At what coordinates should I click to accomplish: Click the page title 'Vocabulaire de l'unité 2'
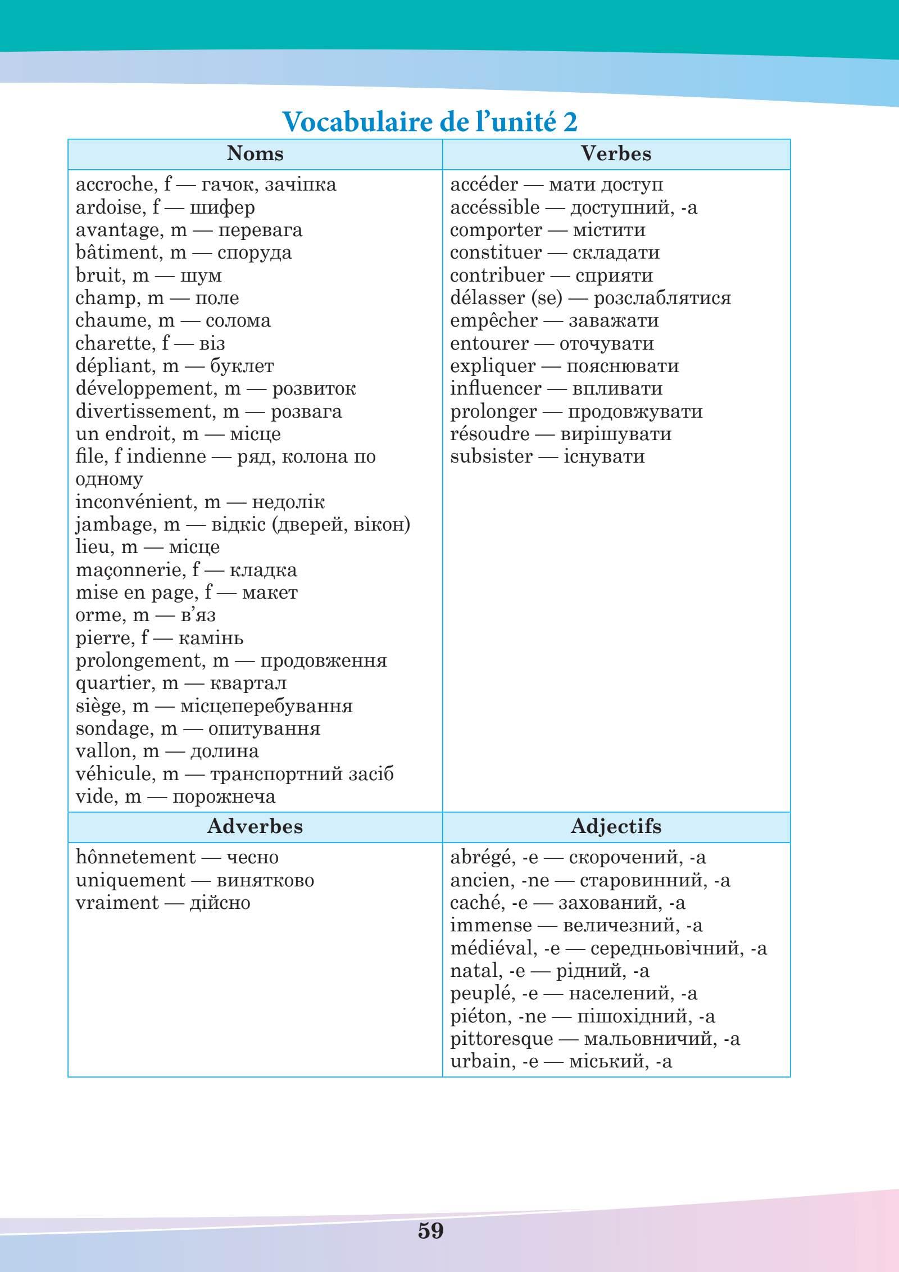pos(429,121)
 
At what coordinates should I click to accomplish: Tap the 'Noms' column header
pos(255,153)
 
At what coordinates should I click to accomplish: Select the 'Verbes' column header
pos(616,153)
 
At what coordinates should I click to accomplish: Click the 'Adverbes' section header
pos(255,826)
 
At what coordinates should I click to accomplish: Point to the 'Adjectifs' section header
pos(616,826)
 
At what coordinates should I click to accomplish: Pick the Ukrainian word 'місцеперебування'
pos(266,706)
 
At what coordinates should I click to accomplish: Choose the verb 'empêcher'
pos(493,321)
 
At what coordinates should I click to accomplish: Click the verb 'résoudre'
pos(489,434)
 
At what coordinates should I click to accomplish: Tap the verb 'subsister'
pos(491,456)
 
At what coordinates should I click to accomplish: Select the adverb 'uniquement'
pos(130,880)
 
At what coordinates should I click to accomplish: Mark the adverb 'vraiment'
pos(117,903)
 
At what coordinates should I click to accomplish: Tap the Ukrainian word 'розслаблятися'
pos(662,298)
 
